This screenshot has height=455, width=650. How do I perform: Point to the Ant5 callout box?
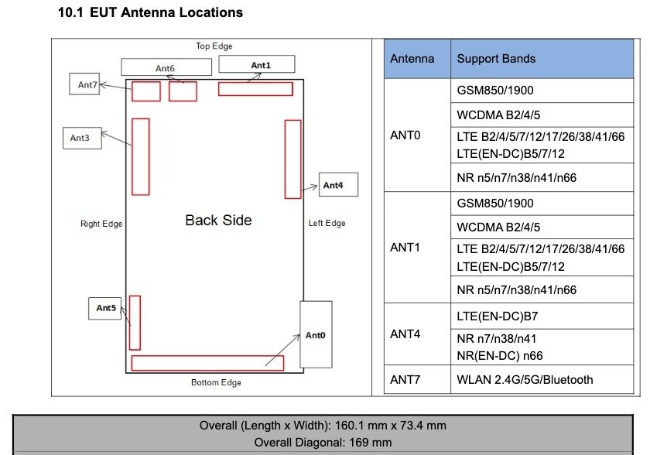coord(106,308)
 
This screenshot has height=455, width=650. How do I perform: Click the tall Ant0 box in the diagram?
coord(316,334)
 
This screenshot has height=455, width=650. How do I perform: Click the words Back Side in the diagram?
coord(218,220)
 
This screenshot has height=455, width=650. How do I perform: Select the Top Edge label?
coord(214,46)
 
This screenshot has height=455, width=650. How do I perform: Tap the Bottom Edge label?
coord(216,382)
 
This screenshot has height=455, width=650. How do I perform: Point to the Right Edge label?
coord(101,224)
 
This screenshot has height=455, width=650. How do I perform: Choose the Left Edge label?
coord(327,224)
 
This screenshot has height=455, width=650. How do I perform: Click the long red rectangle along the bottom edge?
coord(207,363)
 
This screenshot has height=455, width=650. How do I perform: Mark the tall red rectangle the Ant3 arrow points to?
coord(141,156)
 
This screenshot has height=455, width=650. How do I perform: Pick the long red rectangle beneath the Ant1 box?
coord(255,89)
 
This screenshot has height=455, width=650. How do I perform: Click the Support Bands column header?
coord(496,58)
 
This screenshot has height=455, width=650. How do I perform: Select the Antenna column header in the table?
coord(412,58)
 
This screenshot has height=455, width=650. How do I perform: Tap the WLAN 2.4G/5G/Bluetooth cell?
coord(525,379)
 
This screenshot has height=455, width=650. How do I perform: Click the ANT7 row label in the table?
coord(405,379)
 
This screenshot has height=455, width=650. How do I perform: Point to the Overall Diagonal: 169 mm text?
coord(323,443)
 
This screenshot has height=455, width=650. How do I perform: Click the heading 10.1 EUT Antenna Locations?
coord(150,12)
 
